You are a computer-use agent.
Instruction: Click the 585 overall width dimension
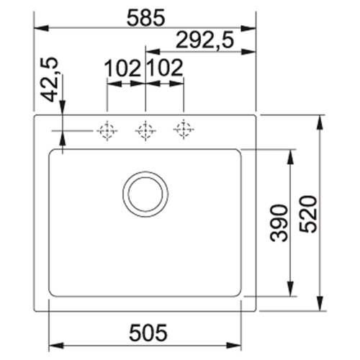point(146,17)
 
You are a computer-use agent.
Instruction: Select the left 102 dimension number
point(123,68)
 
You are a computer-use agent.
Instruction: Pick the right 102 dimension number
point(166,68)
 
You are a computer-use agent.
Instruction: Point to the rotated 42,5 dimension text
point(50,80)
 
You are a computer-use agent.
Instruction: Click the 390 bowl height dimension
point(279,222)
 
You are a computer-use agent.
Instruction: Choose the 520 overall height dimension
point(308,215)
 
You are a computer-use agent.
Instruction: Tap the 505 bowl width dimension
point(148,333)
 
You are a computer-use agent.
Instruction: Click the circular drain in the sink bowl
point(145,194)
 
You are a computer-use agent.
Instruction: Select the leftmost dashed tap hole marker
point(107,131)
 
